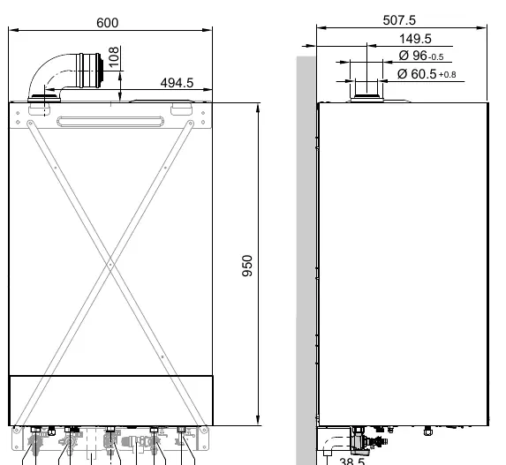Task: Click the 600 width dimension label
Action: coord(108,23)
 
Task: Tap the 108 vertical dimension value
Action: coord(114,57)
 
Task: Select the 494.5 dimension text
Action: coord(177,83)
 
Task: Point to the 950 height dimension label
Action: coord(247,266)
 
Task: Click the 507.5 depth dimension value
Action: coord(399,20)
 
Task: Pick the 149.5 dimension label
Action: coord(415,39)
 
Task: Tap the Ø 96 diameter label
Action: coord(412,56)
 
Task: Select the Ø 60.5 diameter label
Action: coord(417,74)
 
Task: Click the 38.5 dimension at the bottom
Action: coord(352,461)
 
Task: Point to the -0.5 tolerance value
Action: coord(435,57)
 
